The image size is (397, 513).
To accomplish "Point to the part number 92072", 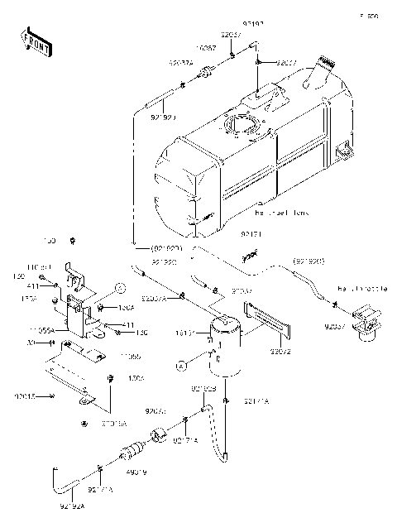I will click(280, 350).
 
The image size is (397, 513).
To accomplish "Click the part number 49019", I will click(136, 473).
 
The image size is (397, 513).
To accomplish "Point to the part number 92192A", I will click(73, 502).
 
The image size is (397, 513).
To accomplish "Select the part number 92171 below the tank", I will click(252, 235).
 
